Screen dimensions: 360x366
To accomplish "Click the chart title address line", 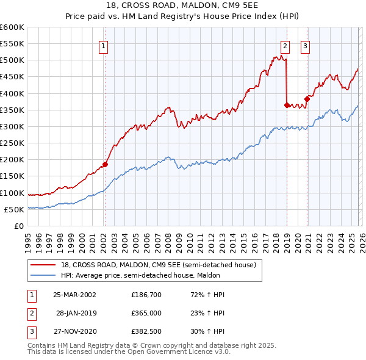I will tap(182, 5).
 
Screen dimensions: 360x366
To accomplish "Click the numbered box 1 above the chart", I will tap(104, 46).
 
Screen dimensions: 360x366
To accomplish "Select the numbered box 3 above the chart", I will tap(305, 46).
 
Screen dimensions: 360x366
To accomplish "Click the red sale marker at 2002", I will tap(105, 164).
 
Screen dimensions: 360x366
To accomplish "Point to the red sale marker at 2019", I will tap(287, 105).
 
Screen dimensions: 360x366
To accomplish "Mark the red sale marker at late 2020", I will tap(307, 99).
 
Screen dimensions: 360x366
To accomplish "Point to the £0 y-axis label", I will tap(18, 226).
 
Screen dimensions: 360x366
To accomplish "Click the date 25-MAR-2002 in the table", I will tap(74, 294).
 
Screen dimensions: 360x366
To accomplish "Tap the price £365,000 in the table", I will tap(146, 312).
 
